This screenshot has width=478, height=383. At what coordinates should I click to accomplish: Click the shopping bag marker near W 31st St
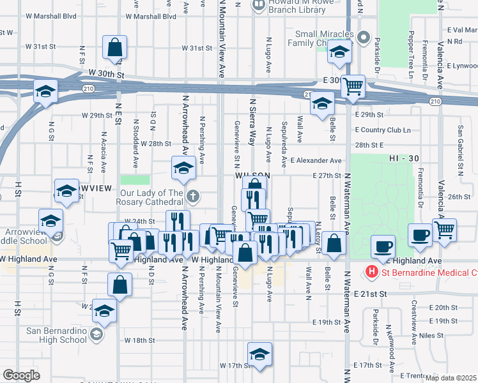pyautogui.click(x=115, y=47)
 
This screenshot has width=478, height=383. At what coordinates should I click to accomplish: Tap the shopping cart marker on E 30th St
pyautogui.click(x=353, y=86)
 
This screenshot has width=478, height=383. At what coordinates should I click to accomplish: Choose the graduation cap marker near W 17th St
pyautogui.click(x=259, y=354)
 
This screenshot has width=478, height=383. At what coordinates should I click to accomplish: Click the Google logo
pyautogui.click(x=21, y=375)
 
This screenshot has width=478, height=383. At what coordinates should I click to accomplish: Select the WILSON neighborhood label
pyautogui.click(x=249, y=175)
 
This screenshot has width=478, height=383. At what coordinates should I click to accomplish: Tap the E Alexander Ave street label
pyautogui.click(x=316, y=161)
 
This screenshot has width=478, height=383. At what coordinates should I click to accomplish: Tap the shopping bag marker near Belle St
pyautogui.click(x=334, y=243)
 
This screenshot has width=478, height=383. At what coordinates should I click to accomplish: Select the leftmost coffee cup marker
pyautogui.click(x=383, y=246)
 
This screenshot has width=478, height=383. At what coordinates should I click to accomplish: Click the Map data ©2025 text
pyautogui.click(x=451, y=378)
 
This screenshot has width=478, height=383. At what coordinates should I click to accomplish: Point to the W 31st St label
pyautogui.click(x=196, y=48)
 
